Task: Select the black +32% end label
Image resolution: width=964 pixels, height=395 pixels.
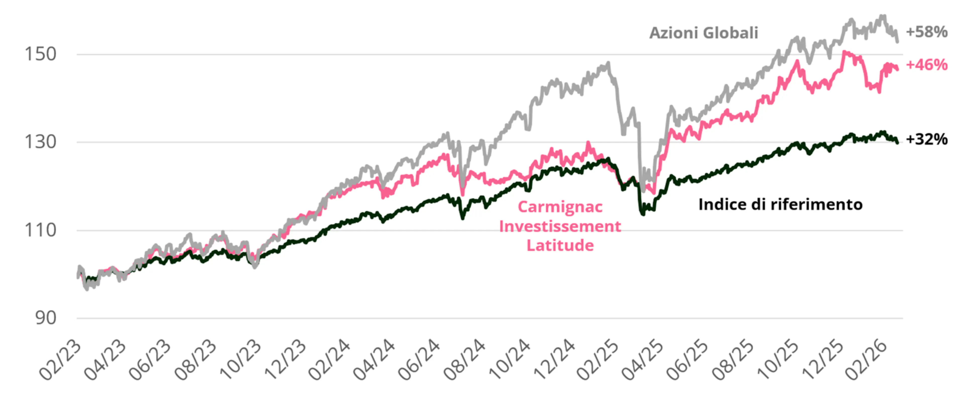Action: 927,139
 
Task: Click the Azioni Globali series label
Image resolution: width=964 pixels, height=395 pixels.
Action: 703,33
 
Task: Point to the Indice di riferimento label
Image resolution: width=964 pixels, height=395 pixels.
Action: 780,204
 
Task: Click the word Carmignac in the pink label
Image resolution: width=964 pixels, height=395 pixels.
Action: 560,207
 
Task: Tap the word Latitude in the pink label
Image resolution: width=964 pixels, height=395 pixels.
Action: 560,246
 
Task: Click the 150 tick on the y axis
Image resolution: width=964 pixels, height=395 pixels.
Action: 40,54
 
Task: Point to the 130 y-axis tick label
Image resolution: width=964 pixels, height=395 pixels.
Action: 40,142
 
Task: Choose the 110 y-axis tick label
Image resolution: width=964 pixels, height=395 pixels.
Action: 40,230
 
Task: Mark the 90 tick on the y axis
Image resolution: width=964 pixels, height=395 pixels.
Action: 46,318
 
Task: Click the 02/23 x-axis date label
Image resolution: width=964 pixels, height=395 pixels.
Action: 60,361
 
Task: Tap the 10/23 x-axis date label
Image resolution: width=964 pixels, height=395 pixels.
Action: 240,361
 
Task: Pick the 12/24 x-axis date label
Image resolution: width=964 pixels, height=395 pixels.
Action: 554,361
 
